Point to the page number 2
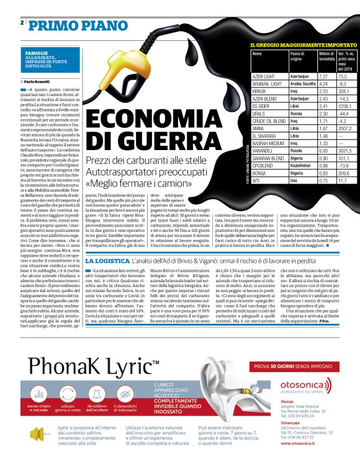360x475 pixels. pyautogui.click(x=22, y=23)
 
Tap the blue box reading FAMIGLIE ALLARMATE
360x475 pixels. pyautogui.click(x=47, y=60)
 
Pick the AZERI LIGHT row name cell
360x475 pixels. pyautogui.click(x=263, y=76)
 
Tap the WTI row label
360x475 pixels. pyautogui.click(x=257, y=180)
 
